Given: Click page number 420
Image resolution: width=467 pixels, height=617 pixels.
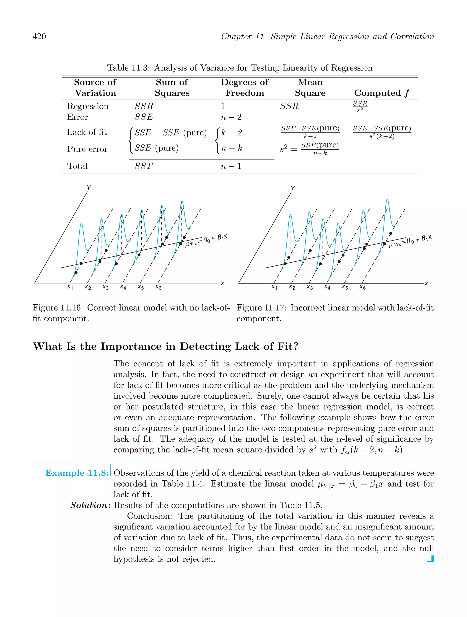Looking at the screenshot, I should [x=39, y=36].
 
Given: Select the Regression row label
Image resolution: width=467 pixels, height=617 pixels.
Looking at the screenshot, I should [x=88, y=106].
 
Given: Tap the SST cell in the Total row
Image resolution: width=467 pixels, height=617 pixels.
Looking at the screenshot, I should [x=143, y=166].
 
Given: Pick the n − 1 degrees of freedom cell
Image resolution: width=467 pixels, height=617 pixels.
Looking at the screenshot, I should [x=231, y=166].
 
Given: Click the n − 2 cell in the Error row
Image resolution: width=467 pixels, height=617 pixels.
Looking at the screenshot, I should [x=231, y=117].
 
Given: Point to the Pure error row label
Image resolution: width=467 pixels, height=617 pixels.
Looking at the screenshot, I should [x=87, y=149].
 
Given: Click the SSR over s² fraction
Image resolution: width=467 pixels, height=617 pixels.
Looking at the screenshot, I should [x=360, y=106].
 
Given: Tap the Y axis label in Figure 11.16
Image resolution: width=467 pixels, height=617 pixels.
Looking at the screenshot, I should [x=89, y=188].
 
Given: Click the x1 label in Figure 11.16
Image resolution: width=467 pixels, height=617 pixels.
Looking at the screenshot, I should [x=70, y=287].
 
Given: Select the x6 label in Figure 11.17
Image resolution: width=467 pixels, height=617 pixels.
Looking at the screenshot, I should [x=362, y=287].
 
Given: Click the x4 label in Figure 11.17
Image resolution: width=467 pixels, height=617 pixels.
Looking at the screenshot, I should [x=327, y=287].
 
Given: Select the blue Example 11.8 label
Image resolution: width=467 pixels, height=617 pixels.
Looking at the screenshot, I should [x=77, y=473].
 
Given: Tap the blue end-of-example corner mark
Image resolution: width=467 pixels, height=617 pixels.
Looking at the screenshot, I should [x=431, y=559].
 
